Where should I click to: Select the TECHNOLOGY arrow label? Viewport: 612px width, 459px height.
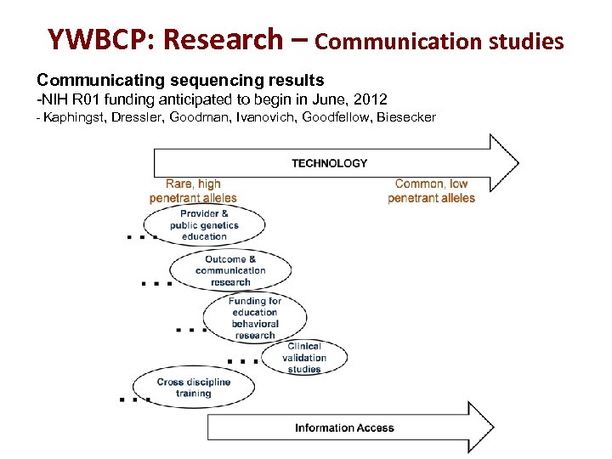click(330, 163)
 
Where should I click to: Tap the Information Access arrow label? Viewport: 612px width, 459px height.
click(344, 428)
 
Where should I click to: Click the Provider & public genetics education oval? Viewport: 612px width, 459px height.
click(204, 225)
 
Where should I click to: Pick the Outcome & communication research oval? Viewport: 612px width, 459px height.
click(230, 270)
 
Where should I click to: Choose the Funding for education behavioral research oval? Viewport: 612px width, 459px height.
click(255, 318)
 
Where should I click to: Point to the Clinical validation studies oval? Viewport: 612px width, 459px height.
click(303, 358)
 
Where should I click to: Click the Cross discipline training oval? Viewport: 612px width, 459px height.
click(194, 388)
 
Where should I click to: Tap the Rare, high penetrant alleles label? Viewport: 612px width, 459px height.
click(193, 191)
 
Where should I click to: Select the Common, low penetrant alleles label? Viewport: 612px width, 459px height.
click(431, 191)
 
